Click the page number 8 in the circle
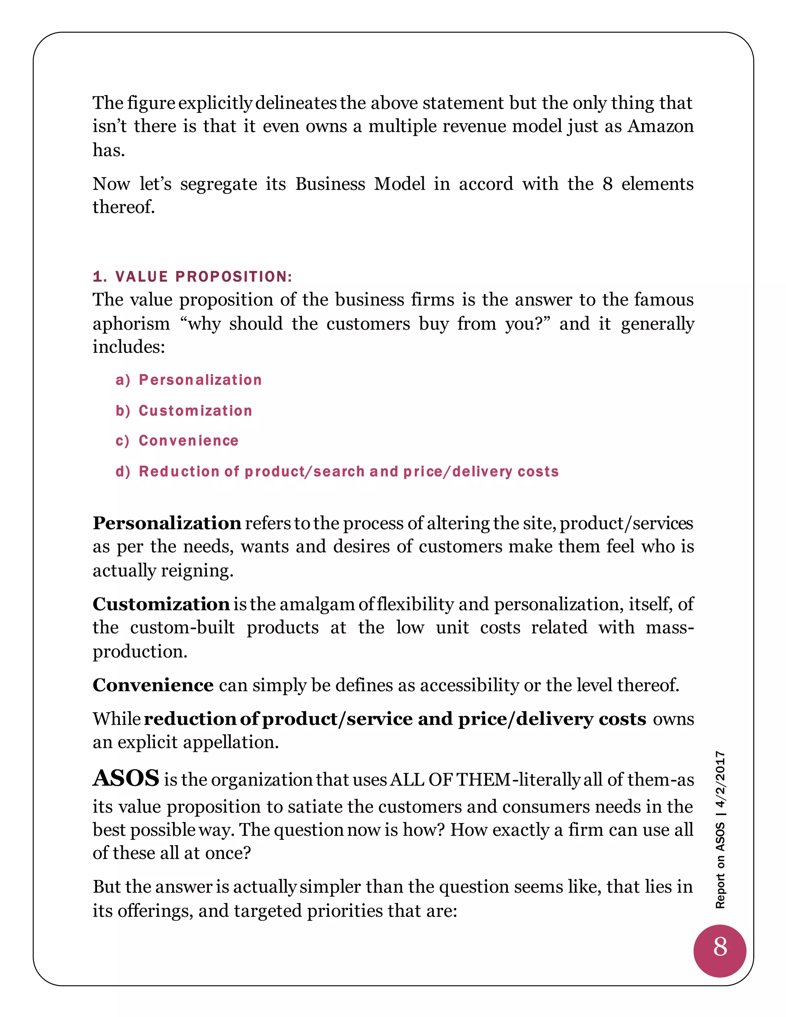pyautogui.click(x=720, y=947)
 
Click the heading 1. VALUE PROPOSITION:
pyautogui.click(x=192, y=277)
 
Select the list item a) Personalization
pyautogui.click(x=188, y=380)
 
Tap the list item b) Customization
pyautogui.click(x=184, y=411)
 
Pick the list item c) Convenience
pyautogui.click(x=177, y=441)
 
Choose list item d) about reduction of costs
pyautogui.click(x=337, y=472)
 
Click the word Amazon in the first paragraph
pyautogui.click(x=660, y=126)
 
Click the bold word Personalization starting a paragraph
pyautogui.click(x=167, y=523)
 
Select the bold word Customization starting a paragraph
pyautogui.click(x=161, y=604)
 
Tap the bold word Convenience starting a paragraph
pyautogui.click(x=153, y=685)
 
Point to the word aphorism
pyautogui.click(x=131, y=324)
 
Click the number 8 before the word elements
pyautogui.click(x=607, y=184)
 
